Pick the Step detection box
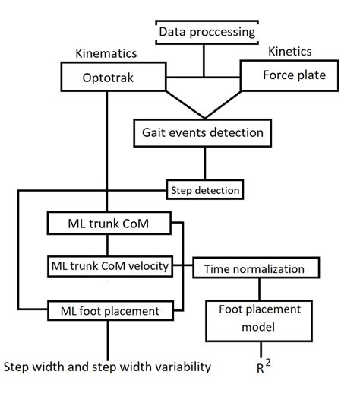[204, 189]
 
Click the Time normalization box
[260, 268]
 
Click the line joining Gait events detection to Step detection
[204, 163]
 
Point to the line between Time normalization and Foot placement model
[260, 287]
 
